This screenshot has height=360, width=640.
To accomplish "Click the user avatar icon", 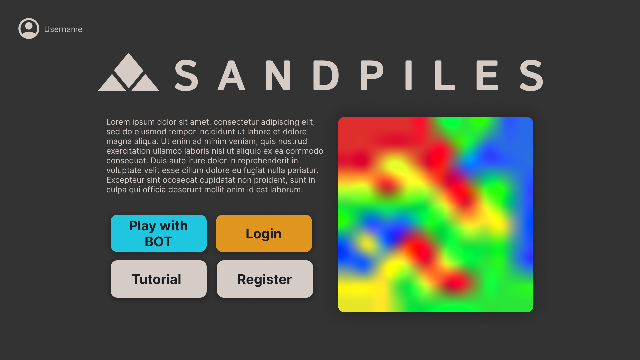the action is point(29,29).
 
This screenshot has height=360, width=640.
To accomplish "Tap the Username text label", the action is point(63,29).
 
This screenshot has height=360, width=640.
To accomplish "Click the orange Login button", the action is point(264,233).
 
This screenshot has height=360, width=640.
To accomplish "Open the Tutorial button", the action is point(159,279).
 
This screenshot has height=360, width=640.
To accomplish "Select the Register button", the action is point(265,279).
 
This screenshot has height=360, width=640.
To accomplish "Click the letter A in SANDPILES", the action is point(231,75).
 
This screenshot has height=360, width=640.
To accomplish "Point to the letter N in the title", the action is point(277,75).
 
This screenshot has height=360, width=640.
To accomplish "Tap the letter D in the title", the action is point(326,75).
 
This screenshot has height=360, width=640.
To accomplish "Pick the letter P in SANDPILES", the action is point(372,75).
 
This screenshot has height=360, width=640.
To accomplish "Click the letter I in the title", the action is point(409,75).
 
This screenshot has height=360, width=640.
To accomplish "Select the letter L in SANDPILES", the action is point(445,75).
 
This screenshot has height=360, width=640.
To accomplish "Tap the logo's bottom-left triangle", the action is point(112,83).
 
